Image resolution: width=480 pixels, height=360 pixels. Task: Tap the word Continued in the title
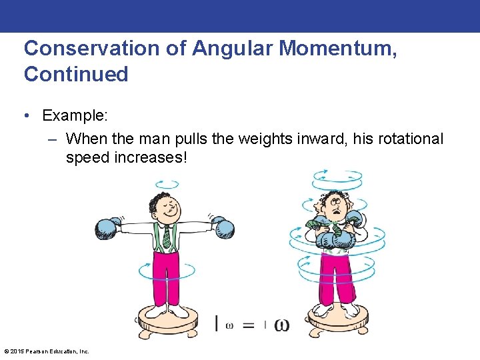76,74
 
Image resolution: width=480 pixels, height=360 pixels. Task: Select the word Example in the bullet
74,115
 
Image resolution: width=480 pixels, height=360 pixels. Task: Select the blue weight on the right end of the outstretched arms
222,227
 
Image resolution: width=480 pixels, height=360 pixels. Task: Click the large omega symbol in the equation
281,325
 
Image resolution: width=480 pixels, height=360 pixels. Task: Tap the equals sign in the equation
249,326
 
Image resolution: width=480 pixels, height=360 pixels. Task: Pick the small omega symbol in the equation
229,326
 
